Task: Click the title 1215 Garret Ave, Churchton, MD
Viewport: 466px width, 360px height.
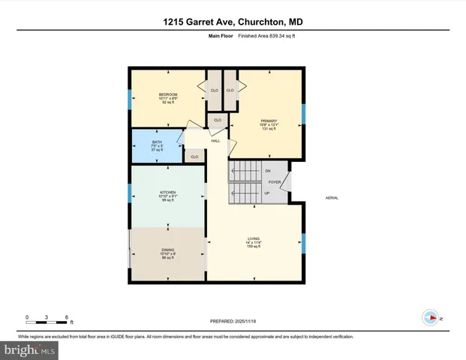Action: tap(233, 22)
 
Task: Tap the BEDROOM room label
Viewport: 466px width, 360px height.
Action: tap(167, 94)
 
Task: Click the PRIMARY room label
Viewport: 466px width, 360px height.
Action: tap(269, 121)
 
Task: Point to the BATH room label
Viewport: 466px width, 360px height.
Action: tap(157, 142)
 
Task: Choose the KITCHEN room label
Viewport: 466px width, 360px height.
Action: tap(167, 192)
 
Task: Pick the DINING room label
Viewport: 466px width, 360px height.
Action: tap(167, 250)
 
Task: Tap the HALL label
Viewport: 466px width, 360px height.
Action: tap(215, 141)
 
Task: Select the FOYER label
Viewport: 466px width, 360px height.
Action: tap(275, 181)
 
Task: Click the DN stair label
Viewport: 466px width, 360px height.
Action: tap(267, 171)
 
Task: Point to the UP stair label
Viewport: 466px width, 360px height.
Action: tap(267, 193)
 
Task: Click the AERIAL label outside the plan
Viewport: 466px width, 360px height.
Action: tap(332, 198)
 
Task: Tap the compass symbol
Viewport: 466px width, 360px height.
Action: tap(430, 317)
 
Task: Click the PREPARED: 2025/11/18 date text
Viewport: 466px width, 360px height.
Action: tap(232, 323)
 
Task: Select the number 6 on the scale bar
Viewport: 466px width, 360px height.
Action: tap(68, 317)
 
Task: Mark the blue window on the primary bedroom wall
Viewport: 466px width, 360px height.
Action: tap(304, 113)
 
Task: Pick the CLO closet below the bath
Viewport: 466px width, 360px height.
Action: tap(194, 157)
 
